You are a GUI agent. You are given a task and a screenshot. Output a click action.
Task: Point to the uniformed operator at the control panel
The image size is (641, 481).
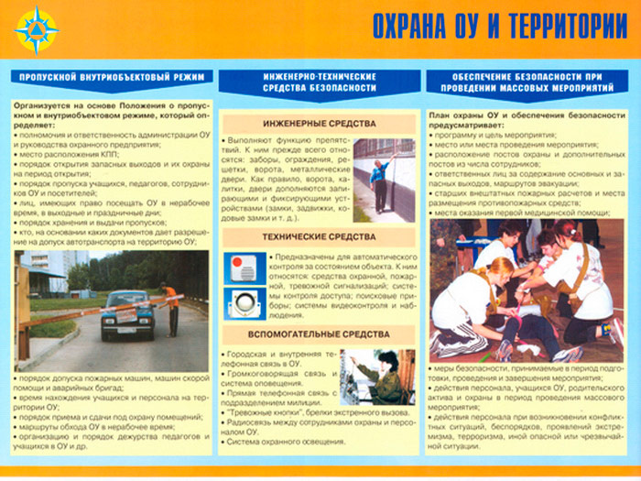coord(384,376)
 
